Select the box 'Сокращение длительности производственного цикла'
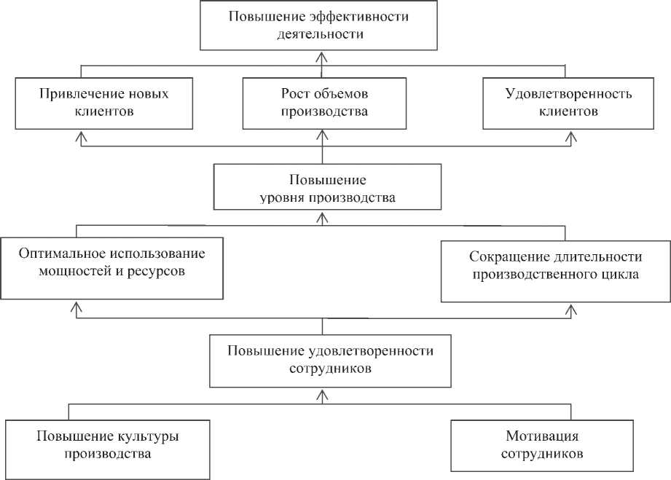pos(555,266)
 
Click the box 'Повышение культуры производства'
pos(108,444)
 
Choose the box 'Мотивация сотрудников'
pos(543,444)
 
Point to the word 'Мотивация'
pos(543,436)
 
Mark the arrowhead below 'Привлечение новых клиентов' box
pos(82,135)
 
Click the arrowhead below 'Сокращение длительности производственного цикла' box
pos(572,309)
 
